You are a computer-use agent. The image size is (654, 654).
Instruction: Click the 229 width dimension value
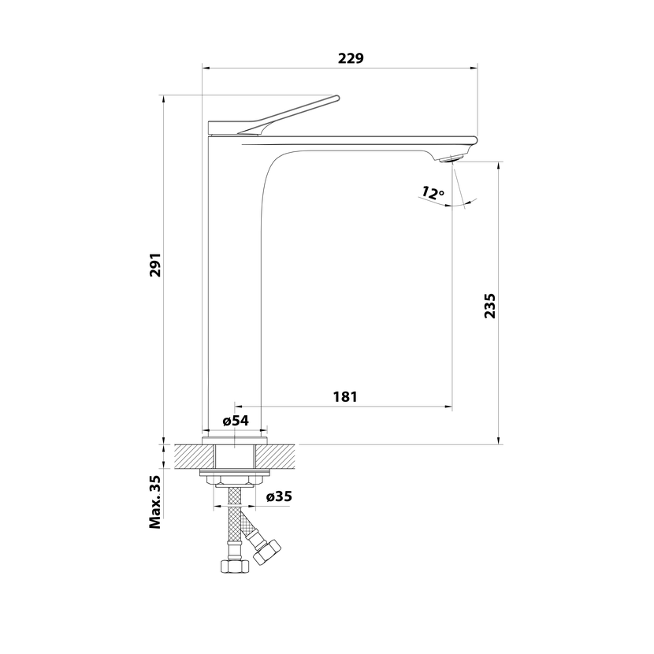coord(351,58)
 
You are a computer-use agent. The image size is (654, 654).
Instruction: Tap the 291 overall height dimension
coord(156,266)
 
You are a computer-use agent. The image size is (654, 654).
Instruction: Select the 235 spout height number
coord(489,305)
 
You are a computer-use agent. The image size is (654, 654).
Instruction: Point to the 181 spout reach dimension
coord(344,397)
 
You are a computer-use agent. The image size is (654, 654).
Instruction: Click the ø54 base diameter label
coord(236,421)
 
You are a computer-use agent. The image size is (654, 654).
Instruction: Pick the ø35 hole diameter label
coord(280,496)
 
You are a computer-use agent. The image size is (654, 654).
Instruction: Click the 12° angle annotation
coord(433,191)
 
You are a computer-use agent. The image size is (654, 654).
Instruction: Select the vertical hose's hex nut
coord(234,567)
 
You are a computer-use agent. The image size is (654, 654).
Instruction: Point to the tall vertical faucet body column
coord(233,284)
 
